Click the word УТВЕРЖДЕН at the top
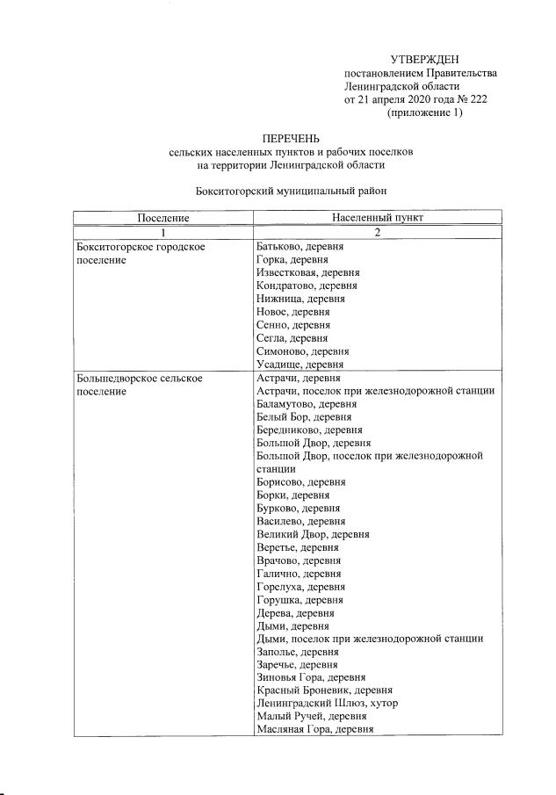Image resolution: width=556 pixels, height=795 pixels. coord(424,59)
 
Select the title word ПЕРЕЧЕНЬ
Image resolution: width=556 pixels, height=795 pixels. coord(291,139)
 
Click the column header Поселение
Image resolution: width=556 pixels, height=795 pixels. coord(162,217)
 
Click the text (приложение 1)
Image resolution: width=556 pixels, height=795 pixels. coord(424,112)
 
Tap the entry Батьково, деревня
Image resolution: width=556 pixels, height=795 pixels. coord(300,247)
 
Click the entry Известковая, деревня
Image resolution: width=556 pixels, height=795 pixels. coord(307,273)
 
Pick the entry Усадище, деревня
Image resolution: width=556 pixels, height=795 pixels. coord(300,364)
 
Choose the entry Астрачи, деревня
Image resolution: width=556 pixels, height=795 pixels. coord(298,378)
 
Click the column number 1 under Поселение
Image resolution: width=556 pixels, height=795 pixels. coord(162,232)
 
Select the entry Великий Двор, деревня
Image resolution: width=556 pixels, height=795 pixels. coord(313,534)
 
